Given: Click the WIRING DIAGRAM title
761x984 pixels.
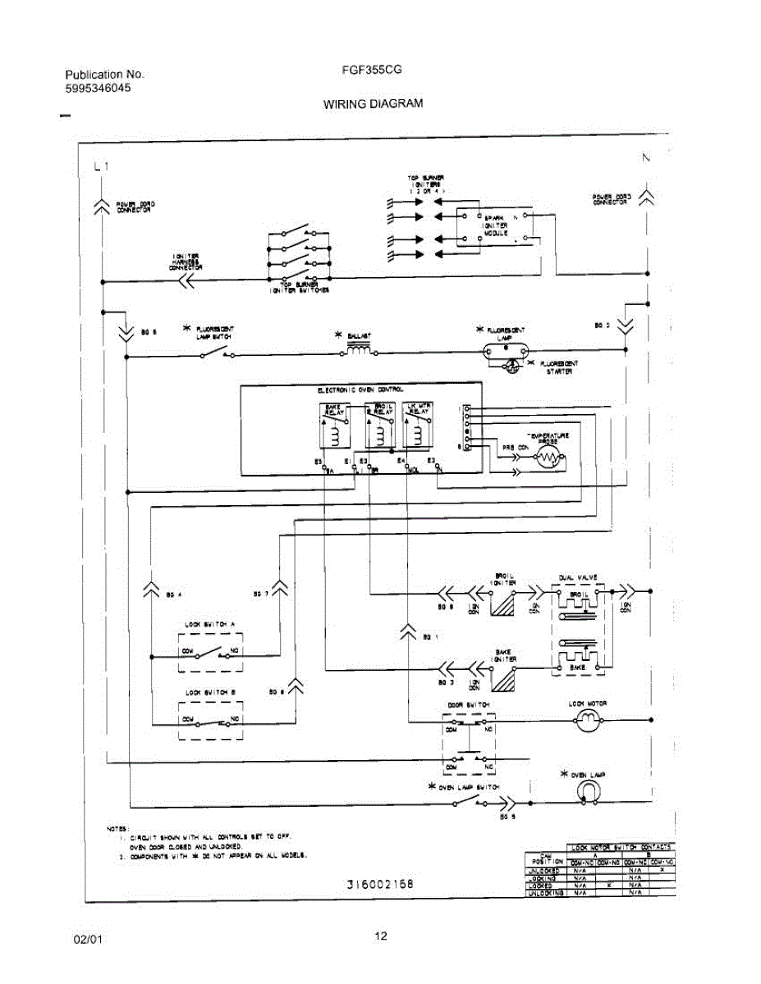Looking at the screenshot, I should point(373,104).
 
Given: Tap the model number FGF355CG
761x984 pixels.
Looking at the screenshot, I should point(372,71).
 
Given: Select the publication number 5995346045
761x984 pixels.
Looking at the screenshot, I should point(98,88).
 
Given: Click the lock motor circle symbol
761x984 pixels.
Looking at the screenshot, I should point(587,721).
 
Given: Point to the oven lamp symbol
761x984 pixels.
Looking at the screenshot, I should point(588,790).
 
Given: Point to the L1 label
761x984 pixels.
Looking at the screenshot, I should point(101,166).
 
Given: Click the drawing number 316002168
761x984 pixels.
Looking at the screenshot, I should point(379,884).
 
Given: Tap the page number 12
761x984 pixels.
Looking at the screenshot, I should point(381,937).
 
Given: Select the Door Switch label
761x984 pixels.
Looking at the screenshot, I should point(469,704).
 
